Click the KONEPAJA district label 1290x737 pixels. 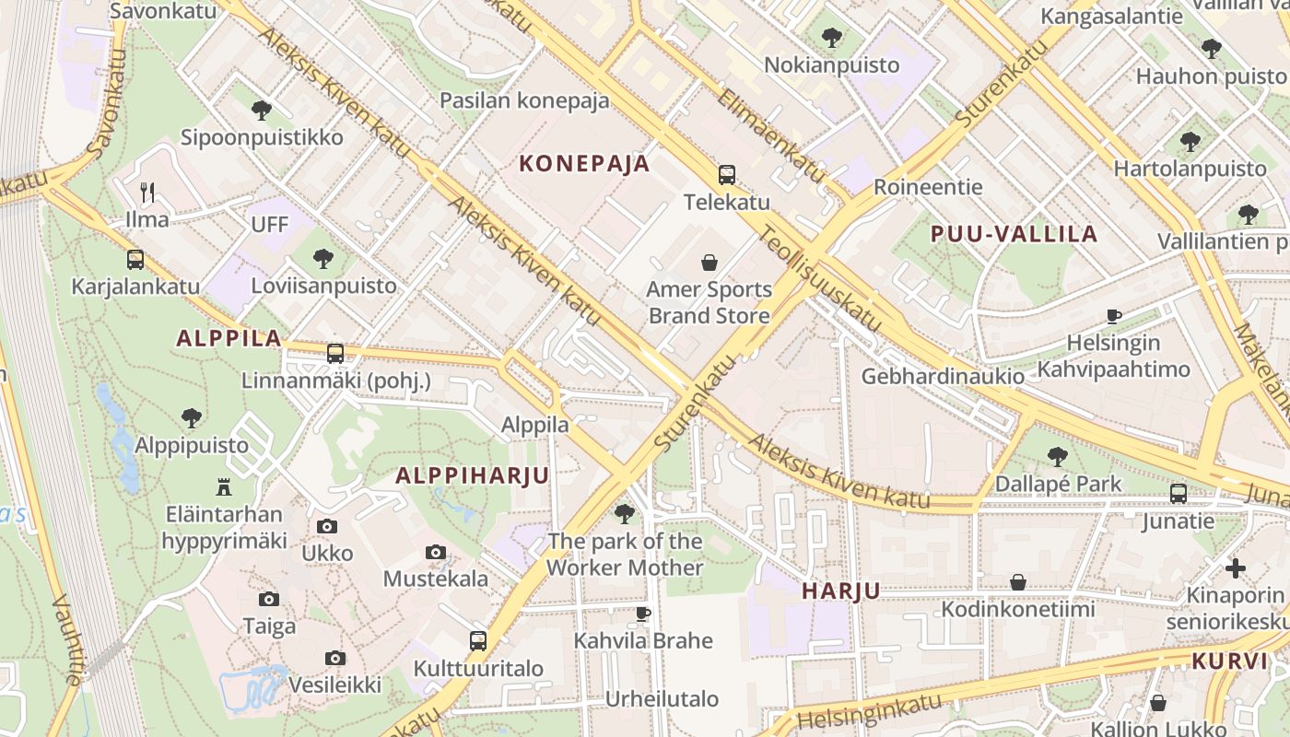584,164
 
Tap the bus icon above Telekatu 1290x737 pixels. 727,175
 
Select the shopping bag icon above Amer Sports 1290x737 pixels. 709,263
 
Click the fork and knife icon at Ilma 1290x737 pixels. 147,192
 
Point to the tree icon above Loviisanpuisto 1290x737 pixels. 323,258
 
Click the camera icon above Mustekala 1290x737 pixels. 436,553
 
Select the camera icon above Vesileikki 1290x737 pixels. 335,658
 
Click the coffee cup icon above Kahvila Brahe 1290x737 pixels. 643,614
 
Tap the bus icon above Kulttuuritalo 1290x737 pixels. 478,640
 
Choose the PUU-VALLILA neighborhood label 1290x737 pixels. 1014,234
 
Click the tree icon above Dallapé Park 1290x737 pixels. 1058,456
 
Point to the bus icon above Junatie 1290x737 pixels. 1179,494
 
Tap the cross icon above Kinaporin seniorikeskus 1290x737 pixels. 1236,567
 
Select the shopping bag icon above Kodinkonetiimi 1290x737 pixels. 1018,582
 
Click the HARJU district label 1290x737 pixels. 840,591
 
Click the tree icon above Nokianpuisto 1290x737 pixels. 832,38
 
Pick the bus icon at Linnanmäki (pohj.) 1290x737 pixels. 335,353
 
